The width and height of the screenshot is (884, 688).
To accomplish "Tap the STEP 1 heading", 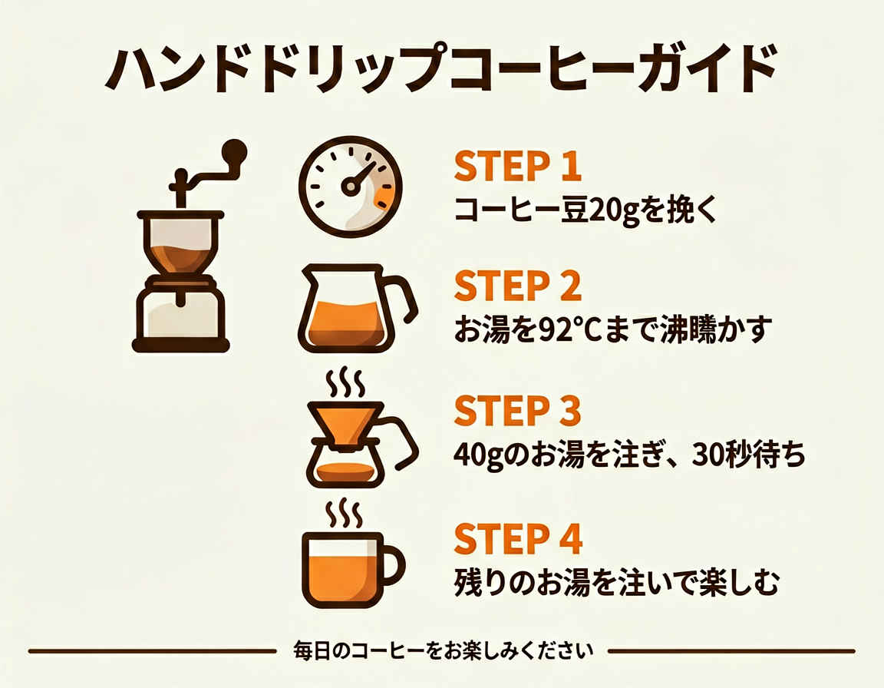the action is (x=517, y=167).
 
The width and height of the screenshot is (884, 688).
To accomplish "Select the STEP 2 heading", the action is (x=517, y=286).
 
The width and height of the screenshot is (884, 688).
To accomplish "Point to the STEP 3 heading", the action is (x=517, y=411).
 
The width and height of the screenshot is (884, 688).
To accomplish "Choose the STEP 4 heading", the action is (x=518, y=538).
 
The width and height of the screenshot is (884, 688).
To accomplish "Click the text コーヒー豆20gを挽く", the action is (x=585, y=210).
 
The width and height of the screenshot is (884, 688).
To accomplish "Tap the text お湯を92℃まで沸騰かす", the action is (x=612, y=329).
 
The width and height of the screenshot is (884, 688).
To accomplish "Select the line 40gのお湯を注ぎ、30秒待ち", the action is (x=630, y=455).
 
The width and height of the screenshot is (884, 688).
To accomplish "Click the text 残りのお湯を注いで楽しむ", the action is (x=617, y=582).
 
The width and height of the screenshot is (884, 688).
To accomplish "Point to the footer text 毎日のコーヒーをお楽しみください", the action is (x=443, y=651).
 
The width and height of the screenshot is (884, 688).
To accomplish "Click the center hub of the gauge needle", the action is (x=350, y=187).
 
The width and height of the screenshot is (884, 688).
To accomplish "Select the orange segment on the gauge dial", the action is (x=384, y=197).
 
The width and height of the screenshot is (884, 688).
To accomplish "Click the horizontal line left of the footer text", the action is (x=152, y=651).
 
